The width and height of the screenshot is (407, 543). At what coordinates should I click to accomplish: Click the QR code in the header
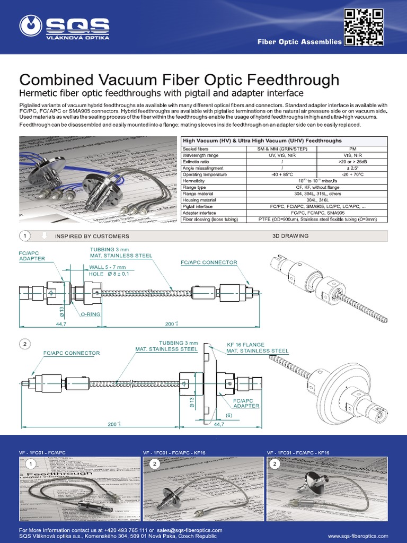tap(364, 27)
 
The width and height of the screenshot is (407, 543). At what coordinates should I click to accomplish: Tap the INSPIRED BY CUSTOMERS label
tap(92, 236)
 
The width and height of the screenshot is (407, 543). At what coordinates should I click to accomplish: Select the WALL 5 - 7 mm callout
tap(108, 267)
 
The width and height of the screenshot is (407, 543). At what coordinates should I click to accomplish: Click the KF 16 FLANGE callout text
tap(245, 344)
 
